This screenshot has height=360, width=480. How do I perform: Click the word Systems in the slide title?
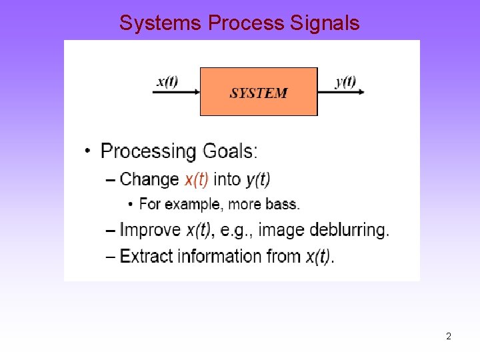tap(161, 23)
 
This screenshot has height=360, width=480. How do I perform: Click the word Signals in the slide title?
tap(325, 23)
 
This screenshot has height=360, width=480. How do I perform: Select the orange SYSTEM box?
tap(259, 92)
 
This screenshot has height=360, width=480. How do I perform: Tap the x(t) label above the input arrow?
tap(167, 82)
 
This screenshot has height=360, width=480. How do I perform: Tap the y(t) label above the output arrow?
tap(345, 82)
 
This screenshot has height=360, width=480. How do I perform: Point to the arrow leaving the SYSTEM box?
tap(341, 92)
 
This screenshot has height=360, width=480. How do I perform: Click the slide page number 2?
tap(449, 337)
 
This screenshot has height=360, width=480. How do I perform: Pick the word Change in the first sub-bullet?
tap(149, 179)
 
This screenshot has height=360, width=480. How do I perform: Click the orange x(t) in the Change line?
tap(197, 179)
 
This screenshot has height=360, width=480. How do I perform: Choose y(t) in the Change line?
tap(258, 179)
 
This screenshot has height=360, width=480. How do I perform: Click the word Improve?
tap(151, 230)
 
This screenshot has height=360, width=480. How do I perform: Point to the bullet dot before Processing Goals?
tap(88, 152)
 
